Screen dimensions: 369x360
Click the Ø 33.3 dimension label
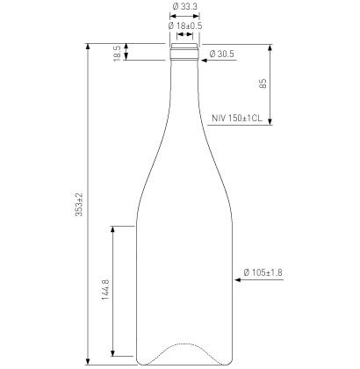pyautogui.click(x=184, y=7)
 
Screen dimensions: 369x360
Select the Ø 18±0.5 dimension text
pyautogui.click(x=185, y=25)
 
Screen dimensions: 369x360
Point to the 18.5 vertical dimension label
pyautogui.click(x=117, y=53)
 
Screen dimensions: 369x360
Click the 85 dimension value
pyautogui.click(x=263, y=83)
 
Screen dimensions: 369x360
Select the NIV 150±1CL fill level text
pyautogui.click(x=237, y=117)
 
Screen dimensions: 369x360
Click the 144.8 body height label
pyautogui.click(x=105, y=291)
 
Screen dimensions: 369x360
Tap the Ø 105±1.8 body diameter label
pyautogui.click(x=263, y=272)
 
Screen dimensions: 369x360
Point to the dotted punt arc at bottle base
pyautogui.click(x=184, y=344)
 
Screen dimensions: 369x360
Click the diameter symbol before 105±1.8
pyautogui.click(x=248, y=272)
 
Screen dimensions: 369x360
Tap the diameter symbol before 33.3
pyautogui.click(x=175, y=7)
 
